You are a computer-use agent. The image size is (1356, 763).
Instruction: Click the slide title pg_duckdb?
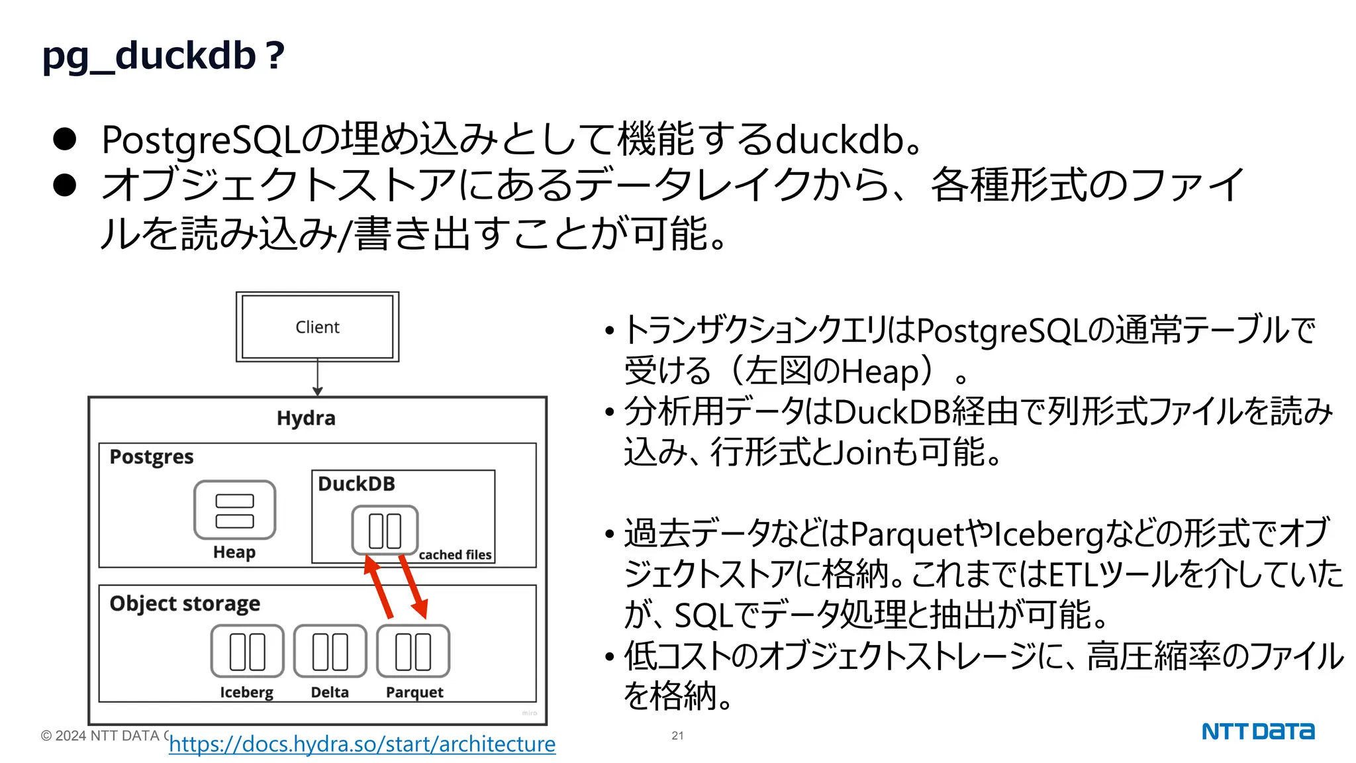click(x=163, y=56)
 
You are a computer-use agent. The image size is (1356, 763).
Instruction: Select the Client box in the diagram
click(x=317, y=327)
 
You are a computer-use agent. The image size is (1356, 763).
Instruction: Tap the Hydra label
click(x=306, y=419)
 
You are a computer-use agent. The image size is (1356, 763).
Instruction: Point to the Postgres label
click(x=152, y=457)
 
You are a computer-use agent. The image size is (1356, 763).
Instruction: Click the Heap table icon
click(x=234, y=510)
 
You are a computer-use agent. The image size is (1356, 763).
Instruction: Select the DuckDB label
click(x=356, y=484)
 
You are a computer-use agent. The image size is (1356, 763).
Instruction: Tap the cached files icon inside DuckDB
click(x=385, y=530)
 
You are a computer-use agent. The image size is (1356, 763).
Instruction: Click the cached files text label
click(x=455, y=555)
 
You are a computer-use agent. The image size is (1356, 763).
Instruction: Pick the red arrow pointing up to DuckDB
click(x=379, y=587)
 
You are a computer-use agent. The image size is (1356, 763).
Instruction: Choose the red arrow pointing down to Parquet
click(x=413, y=587)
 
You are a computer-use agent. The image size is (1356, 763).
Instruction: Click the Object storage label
click(x=185, y=604)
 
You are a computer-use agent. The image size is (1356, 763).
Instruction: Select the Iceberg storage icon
click(x=247, y=651)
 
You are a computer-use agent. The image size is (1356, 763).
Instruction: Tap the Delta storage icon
click(x=330, y=651)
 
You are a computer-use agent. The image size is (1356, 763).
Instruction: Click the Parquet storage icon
click(x=413, y=651)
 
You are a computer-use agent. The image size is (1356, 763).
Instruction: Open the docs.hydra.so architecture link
click(x=362, y=744)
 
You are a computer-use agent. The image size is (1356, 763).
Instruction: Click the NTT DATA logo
click(x=1258, y=731)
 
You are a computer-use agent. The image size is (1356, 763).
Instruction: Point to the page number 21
click(x=677, y=736)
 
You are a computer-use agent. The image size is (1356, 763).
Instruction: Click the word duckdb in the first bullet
click(x=840, y=140)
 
